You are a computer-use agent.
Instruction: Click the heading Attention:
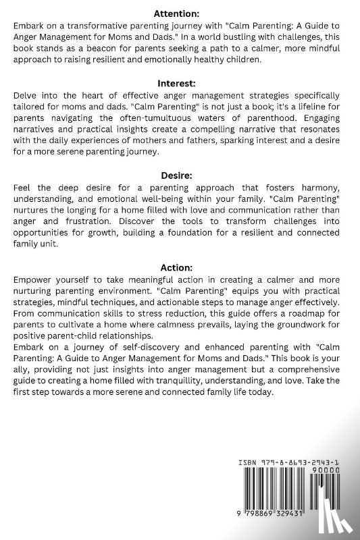180,13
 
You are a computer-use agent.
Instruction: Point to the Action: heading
180,267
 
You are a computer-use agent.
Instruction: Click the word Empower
34,279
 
